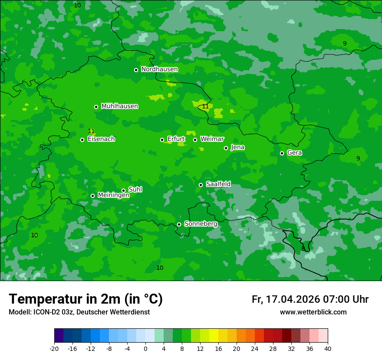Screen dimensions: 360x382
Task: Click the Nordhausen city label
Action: coord(159,69)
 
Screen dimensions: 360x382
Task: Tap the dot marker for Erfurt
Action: coord(162,140)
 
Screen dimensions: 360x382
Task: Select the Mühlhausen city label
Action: coord(119,106)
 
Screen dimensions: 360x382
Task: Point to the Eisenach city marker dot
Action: coord(82,140)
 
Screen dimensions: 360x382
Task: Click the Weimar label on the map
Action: coord(212,139)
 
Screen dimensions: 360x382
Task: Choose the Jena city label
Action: coord(237,147)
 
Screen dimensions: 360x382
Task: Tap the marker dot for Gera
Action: coord(282,153)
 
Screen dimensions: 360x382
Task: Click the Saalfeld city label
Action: coord(218,184)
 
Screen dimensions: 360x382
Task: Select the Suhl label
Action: coord(135,190)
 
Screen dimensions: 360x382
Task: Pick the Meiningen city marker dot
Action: coord(92,196)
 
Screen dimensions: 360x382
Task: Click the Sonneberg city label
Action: coord(201,224)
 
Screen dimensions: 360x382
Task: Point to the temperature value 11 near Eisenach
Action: coord(91,131)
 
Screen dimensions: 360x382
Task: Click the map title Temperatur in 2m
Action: coord(86,299)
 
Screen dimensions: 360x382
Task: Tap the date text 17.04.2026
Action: coord(293,299)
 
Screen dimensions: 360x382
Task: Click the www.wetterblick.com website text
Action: coord(313,312)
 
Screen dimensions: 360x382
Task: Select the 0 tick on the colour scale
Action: coord(145,348)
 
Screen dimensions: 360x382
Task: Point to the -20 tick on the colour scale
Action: coord(54,348)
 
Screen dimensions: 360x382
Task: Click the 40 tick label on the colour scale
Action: coord(328,348)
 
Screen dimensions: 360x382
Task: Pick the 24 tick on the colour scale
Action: coord(255,348)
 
